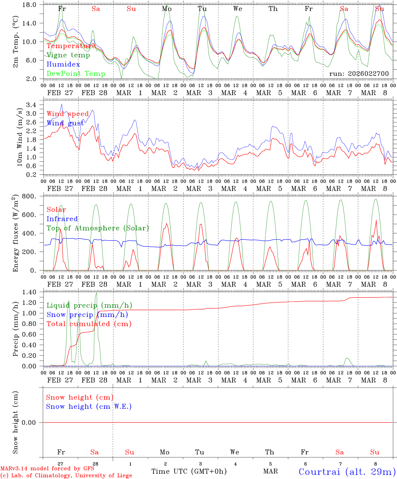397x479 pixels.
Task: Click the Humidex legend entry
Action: [63, 65]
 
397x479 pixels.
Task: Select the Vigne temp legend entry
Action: [68, 55]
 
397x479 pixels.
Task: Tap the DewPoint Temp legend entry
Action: [76, 74]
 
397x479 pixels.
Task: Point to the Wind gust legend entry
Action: [65, 123]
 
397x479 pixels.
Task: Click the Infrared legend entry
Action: [62, 219]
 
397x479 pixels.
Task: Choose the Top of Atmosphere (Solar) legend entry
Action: [97, 228]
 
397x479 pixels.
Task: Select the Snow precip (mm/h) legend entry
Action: [87, 315]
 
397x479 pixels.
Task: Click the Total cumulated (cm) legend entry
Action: [89, 324]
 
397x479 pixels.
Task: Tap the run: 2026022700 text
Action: [359, 74]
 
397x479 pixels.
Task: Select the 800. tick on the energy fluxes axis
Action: [29, 196]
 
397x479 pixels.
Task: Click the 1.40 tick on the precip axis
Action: [29, 292]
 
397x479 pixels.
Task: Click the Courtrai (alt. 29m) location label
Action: [347, 472]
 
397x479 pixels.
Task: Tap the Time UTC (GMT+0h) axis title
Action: [189, 471]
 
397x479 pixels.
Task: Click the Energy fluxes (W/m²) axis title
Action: [15, 234]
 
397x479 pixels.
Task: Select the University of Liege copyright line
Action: [66, 476]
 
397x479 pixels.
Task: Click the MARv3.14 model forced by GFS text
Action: [47, 469]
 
